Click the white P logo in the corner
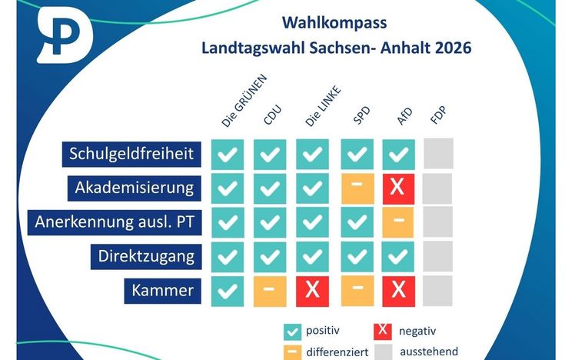tap(65, 35)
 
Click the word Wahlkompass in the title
tap(334, 23)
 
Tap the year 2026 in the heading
tap(453, 48)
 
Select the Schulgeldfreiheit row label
tap(131, 154)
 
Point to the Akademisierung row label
tap(135, 188)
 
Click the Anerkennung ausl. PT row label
tap(115, 222)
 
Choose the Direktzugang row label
tap(146, 256)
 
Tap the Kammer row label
tap(162, 291)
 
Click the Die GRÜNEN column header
tap(244, 101)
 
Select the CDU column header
tap(272, 115)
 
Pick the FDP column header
tap(439, 115)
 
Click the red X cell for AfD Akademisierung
tap(398, 188)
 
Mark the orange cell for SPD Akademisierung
tap(357, 188)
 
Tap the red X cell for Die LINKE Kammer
tap(312, 292)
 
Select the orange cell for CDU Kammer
tap(270, 292)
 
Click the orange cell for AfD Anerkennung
tap(398, 222)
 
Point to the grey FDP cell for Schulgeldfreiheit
tap(439, 153)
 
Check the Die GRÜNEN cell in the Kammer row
tap(228, 292)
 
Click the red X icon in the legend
tap(383, 332)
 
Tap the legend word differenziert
tap(337, 352)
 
